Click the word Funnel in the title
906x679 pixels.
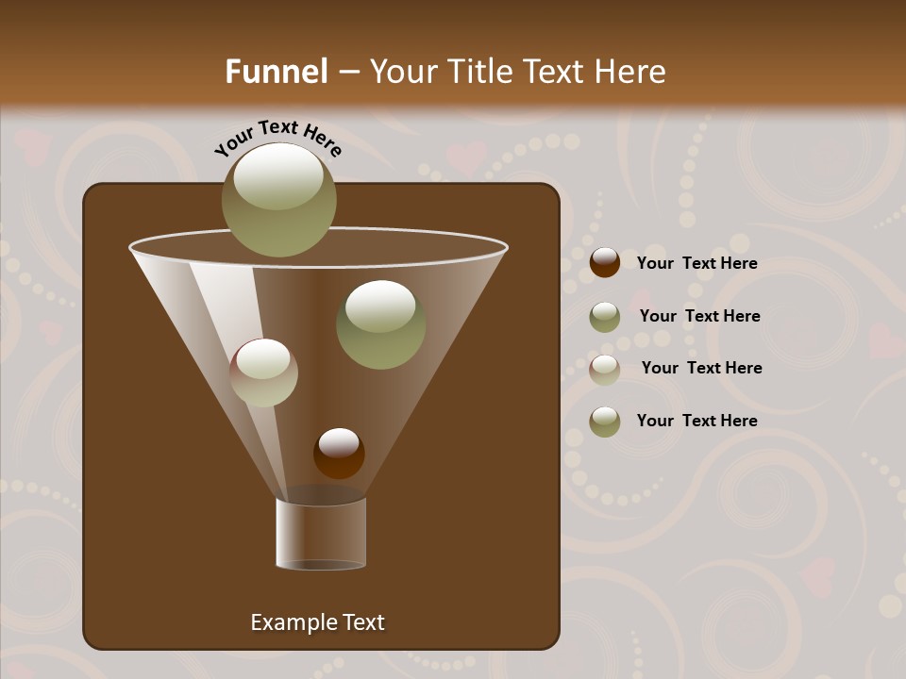click(276, 72)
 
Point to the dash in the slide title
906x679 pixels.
click(348, 73)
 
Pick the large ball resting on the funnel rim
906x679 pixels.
click(278, 200)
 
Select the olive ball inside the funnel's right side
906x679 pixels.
click(380, 324)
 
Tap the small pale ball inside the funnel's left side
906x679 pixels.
click(263, 373)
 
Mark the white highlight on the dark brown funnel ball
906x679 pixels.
click(339, 441)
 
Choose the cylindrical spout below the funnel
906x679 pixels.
click(320, 534)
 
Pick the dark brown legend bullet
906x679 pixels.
click(605, 263)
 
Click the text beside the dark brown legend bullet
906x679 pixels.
click(696, 264)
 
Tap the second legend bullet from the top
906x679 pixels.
click(605, 317)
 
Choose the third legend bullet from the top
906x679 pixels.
click(605, 370)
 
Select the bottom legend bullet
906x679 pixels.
click(605, 422)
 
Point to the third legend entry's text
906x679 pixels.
click(701, 369)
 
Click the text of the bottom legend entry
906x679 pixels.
click(696, 421)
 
